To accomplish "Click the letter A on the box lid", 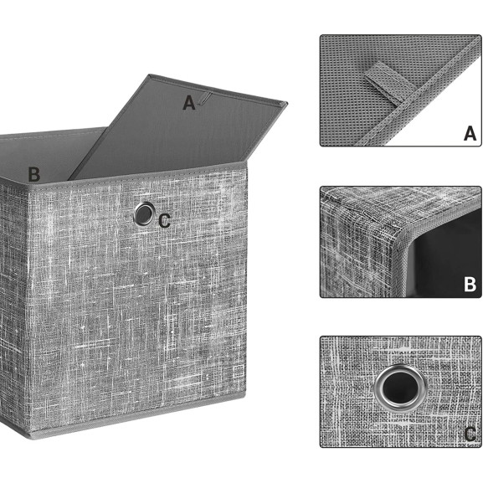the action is [189, 103].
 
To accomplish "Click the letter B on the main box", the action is [33, 174].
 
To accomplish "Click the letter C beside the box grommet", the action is [165, 221].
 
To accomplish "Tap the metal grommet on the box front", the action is [143, 214].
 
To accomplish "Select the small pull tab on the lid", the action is [204, 98].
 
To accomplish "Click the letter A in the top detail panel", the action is [470, 134].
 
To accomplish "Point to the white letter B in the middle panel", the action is [470, 285].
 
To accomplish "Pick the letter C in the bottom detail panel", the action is [470, 434].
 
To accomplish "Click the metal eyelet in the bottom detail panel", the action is [400, 387].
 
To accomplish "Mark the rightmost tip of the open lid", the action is [288, 103].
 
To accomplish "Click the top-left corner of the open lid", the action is [149, 75].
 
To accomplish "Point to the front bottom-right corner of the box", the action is [246, 398].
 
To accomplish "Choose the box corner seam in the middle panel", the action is [400, 240].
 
